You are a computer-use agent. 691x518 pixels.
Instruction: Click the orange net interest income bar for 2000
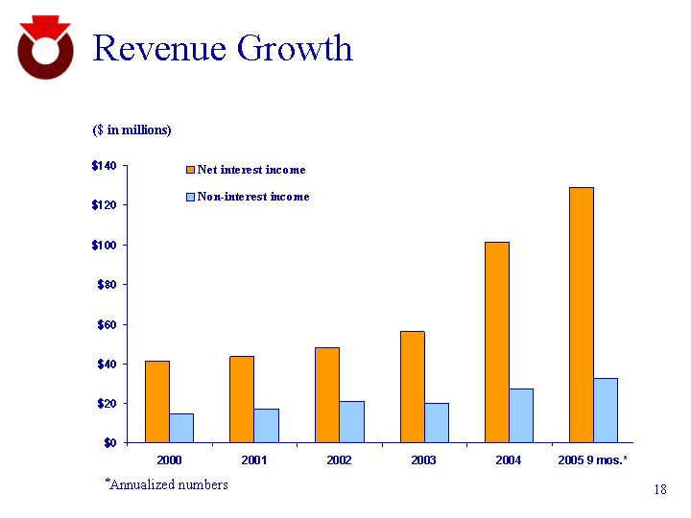pyautogui.click(x=157, y=402)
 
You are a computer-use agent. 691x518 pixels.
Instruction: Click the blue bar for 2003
pyautogui.click(x=436, y=423)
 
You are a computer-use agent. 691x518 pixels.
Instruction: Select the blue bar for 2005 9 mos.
pyautogui.click(x=606, y=411)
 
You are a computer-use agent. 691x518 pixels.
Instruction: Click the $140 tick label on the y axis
pyautogui.click(x=104, y=166)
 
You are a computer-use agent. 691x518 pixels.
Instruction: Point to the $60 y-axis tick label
pyautogui.click(x=106, y=324)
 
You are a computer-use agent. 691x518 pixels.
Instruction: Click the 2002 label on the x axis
pyautogui.click(x=339, y=460)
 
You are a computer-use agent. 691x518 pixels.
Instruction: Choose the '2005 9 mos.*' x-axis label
pyautogui.click(x=593, y=460)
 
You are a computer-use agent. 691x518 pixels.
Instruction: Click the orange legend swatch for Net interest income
pyautogui.click(x=190, y=170)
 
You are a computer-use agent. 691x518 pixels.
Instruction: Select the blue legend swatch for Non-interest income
pyautogui.click(x=190, y=197)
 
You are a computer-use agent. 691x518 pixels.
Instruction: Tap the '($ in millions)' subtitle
pyautogui.click(x=131, y=129)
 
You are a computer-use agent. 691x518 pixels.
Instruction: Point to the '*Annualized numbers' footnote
pyautogui.click(x=166, y=484)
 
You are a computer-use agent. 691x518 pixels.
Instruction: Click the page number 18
pyautogui.click(x=659, y=490)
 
